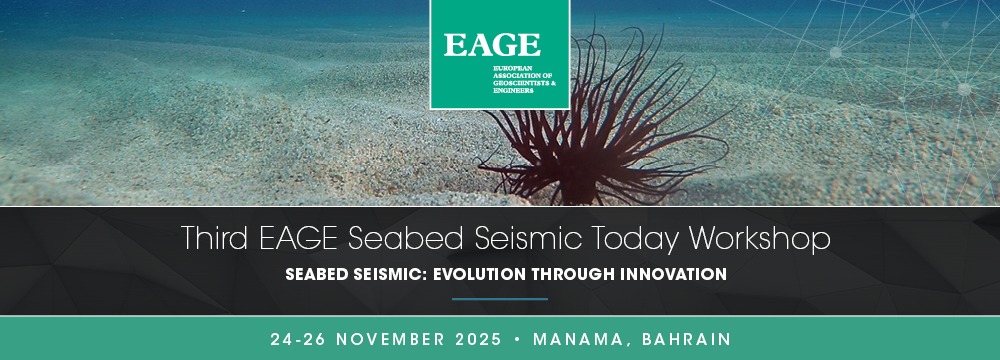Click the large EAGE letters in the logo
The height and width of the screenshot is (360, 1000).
point(492,45)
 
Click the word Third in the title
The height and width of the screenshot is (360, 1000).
point(214,239)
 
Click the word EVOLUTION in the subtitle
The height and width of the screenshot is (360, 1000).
point(475,274)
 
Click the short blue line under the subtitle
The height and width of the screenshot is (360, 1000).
point(500,299)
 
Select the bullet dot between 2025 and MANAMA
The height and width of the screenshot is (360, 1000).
point(517,340)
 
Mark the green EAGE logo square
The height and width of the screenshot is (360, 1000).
point(499,54)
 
